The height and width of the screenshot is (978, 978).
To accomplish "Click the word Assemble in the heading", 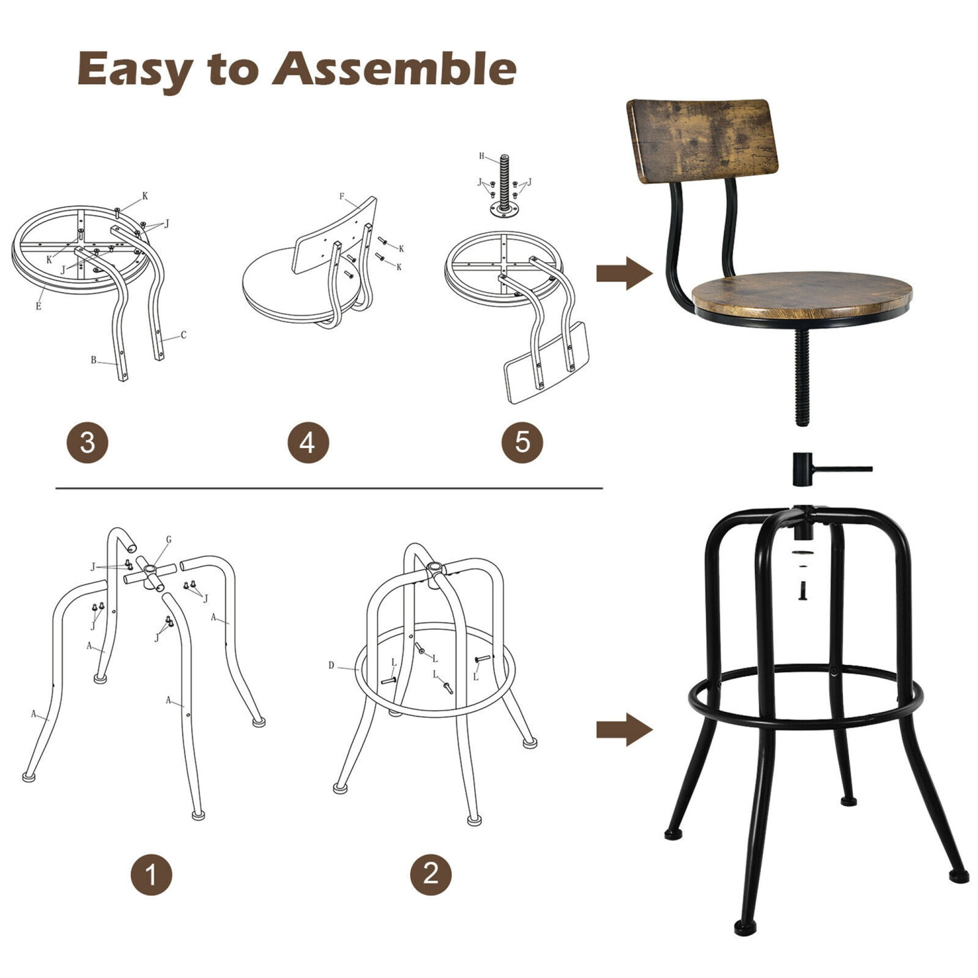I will [394, 68].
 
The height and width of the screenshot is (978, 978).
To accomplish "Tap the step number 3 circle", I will [87, 443].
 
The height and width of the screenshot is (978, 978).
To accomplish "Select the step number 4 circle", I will [308, 443].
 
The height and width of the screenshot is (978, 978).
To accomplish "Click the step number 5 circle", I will [522, 442].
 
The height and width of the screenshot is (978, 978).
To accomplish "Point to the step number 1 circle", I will [151, 874].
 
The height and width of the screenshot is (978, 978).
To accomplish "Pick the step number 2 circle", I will [431, 874].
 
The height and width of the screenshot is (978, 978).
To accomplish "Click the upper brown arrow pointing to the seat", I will [623, 273].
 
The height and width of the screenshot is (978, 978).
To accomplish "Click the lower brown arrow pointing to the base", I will [623, 729].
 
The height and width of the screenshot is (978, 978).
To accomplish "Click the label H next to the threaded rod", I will [482, 156].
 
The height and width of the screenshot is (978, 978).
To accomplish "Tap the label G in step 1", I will [169, 540].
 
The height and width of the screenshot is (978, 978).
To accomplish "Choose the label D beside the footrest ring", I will [331, 665].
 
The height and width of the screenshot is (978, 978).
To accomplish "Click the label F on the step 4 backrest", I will [342, 196].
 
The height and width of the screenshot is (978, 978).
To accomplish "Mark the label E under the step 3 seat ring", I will [38, 306].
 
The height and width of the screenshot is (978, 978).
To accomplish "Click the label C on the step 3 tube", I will [183, 335].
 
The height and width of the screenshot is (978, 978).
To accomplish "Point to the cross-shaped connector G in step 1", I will [151, 574].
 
